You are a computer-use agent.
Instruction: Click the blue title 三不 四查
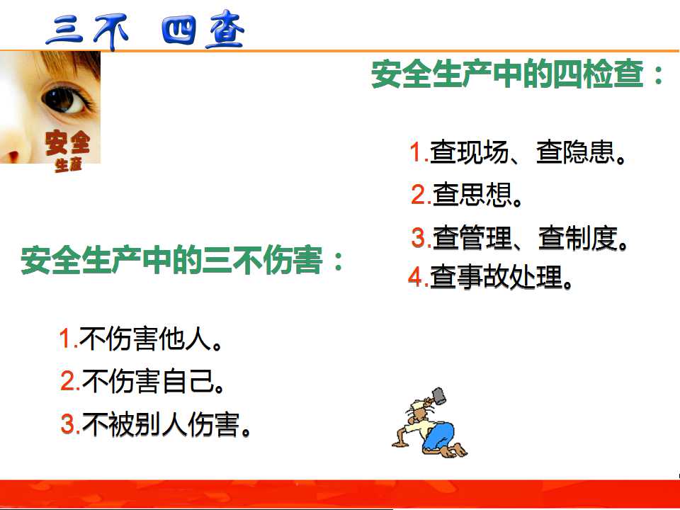coord(144,30)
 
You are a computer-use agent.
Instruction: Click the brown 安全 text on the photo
coord(68,142)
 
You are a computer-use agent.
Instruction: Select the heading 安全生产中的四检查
coord(517,74)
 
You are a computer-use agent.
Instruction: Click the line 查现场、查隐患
coord(518,152)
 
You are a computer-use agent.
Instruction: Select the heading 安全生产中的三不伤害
coord(182,260)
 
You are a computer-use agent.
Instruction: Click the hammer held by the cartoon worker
coord(438,395)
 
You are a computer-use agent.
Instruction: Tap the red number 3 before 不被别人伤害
coord(69,424)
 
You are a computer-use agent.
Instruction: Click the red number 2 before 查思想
coord(419,195)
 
